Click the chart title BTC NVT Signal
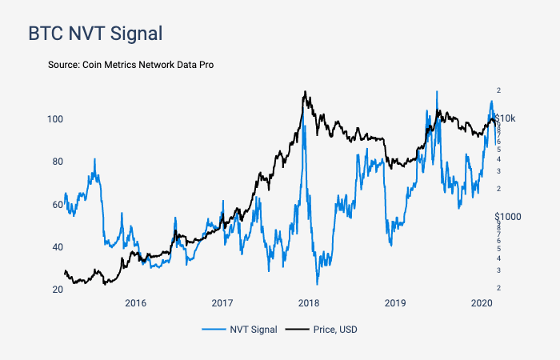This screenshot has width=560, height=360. [x=95, y=34]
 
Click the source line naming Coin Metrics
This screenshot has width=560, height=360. [x=131, y=64]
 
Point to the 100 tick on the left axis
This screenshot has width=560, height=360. [x=53, y=119]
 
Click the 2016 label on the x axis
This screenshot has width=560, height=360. [x=135, y=303]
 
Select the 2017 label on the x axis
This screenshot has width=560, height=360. [x=222, y=303]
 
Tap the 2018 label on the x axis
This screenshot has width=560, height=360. [x=308, y=303]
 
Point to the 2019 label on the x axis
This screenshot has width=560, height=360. [x=394, y=303]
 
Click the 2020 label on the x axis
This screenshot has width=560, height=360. [x=482, y=303]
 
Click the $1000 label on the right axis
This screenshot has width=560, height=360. [x=508, y=217]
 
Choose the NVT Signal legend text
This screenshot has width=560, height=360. [x=253, y=329]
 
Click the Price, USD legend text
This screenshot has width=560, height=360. [x=337, y=329]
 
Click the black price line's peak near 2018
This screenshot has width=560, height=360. [x=305, y=92]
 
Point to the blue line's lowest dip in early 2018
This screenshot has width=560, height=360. [x=318, y=284]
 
